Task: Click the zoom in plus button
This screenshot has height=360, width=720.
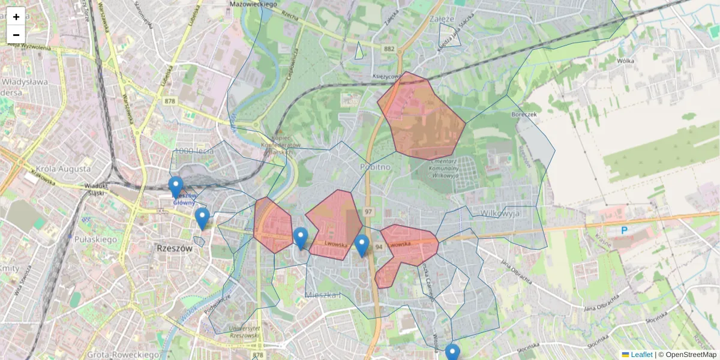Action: [x=16, y=17]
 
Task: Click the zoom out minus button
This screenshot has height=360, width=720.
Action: [x=16, y=34]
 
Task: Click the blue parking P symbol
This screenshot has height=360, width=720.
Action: [x=624, y=230]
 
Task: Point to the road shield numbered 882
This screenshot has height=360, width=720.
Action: [x=390, y=47]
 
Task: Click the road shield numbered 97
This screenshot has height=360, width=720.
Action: [x=368, y=212]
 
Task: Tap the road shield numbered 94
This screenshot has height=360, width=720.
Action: [x=379, y=247]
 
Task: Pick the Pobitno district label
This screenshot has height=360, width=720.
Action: [x=376, y=166]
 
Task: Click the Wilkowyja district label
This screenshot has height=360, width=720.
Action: [x=499, y=213]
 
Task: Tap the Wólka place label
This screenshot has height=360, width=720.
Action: [x=625, y=61]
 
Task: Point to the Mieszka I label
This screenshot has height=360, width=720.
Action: [x=323, y=295]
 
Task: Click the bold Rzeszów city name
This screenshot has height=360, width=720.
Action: [x=173, y=248]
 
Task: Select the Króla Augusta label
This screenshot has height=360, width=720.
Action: [x=63, y=170]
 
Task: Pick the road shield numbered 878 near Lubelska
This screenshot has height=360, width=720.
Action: [x=170, y=101]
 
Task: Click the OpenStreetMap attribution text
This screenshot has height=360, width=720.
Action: [x=690, y=355]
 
